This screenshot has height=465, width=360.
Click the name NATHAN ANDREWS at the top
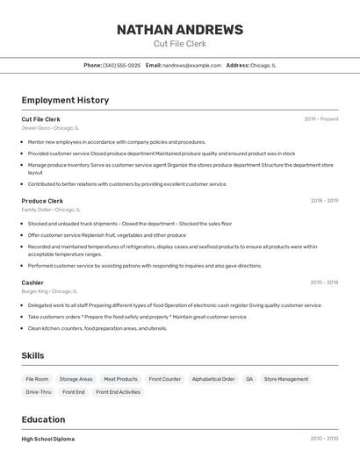(x=180, y=30)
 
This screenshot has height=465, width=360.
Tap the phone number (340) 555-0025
(x=121, y=65)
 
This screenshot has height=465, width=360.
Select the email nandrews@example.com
(x=191, y=65)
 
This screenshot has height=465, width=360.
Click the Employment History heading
(x=65, y=100)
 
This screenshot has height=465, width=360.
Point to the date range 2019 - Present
(x=321, y=118)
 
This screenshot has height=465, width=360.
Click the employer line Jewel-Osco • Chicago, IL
(x=50, y=128)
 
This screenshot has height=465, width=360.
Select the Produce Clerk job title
(x=42, y=201)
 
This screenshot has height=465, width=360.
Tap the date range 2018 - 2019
(x=324, y=201)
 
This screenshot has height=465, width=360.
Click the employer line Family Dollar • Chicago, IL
(x=51, y=210)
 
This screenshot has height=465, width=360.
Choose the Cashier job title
(x=32, y=283)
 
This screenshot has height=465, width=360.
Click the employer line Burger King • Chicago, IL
(x=49, y=291)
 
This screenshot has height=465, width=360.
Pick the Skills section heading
(x=32, y=355)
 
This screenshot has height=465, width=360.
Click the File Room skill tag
(x=37, y=379)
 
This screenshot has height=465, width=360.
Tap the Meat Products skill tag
(x=120, y=379)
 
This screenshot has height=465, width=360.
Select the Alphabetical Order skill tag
(x=213, y=379)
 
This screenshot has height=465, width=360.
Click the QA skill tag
(x=249, y=379)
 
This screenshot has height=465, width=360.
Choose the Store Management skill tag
(x=286, y=379)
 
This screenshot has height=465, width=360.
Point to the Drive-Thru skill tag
(x=39, y=392)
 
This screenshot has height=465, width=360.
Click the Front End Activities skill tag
(x=118, y=392)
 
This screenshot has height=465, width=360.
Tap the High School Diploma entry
(x=48, y=439)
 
